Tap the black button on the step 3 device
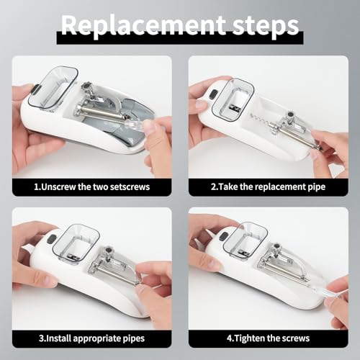pyautogui.click(x=50, y=240)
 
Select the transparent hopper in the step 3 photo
pyautogui.click(x=76, y=241)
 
